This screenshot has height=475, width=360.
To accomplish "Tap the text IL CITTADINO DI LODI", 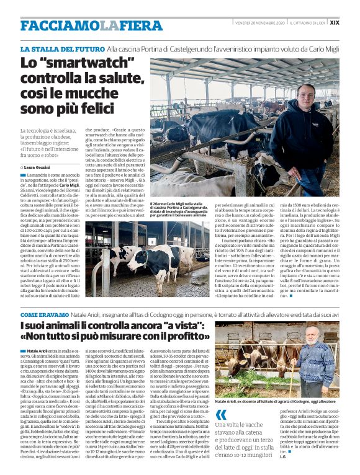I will coord(307,22).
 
